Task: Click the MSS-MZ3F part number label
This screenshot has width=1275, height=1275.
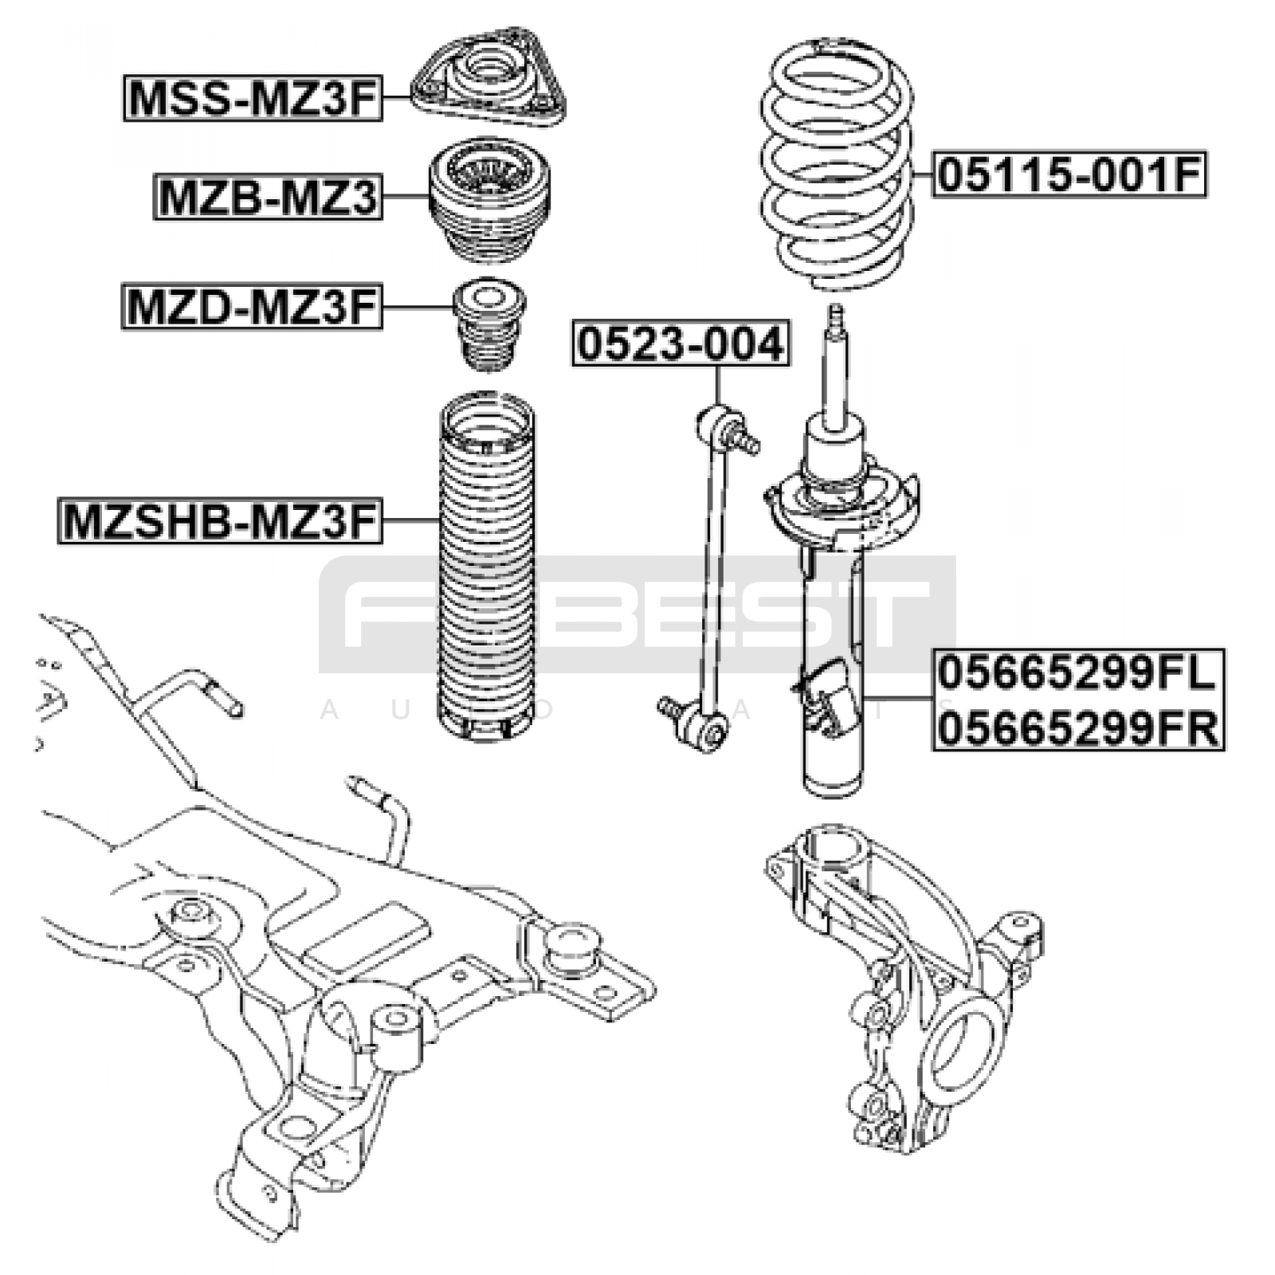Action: coord(253,98)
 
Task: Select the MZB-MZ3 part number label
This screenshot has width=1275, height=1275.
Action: coord(268,197)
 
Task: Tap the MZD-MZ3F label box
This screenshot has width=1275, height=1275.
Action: coord(252,307)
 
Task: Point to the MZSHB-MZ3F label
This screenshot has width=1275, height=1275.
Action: coord(219,521)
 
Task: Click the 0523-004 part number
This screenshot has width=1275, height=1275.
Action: coord(681,343)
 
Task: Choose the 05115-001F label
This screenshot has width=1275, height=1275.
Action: coord(1069,175)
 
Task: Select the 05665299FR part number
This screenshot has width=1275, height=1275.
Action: coord(1078,728)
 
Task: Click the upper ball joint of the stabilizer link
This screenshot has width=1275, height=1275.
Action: coord(715,421)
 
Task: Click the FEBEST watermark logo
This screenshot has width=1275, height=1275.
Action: coord(637,614)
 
